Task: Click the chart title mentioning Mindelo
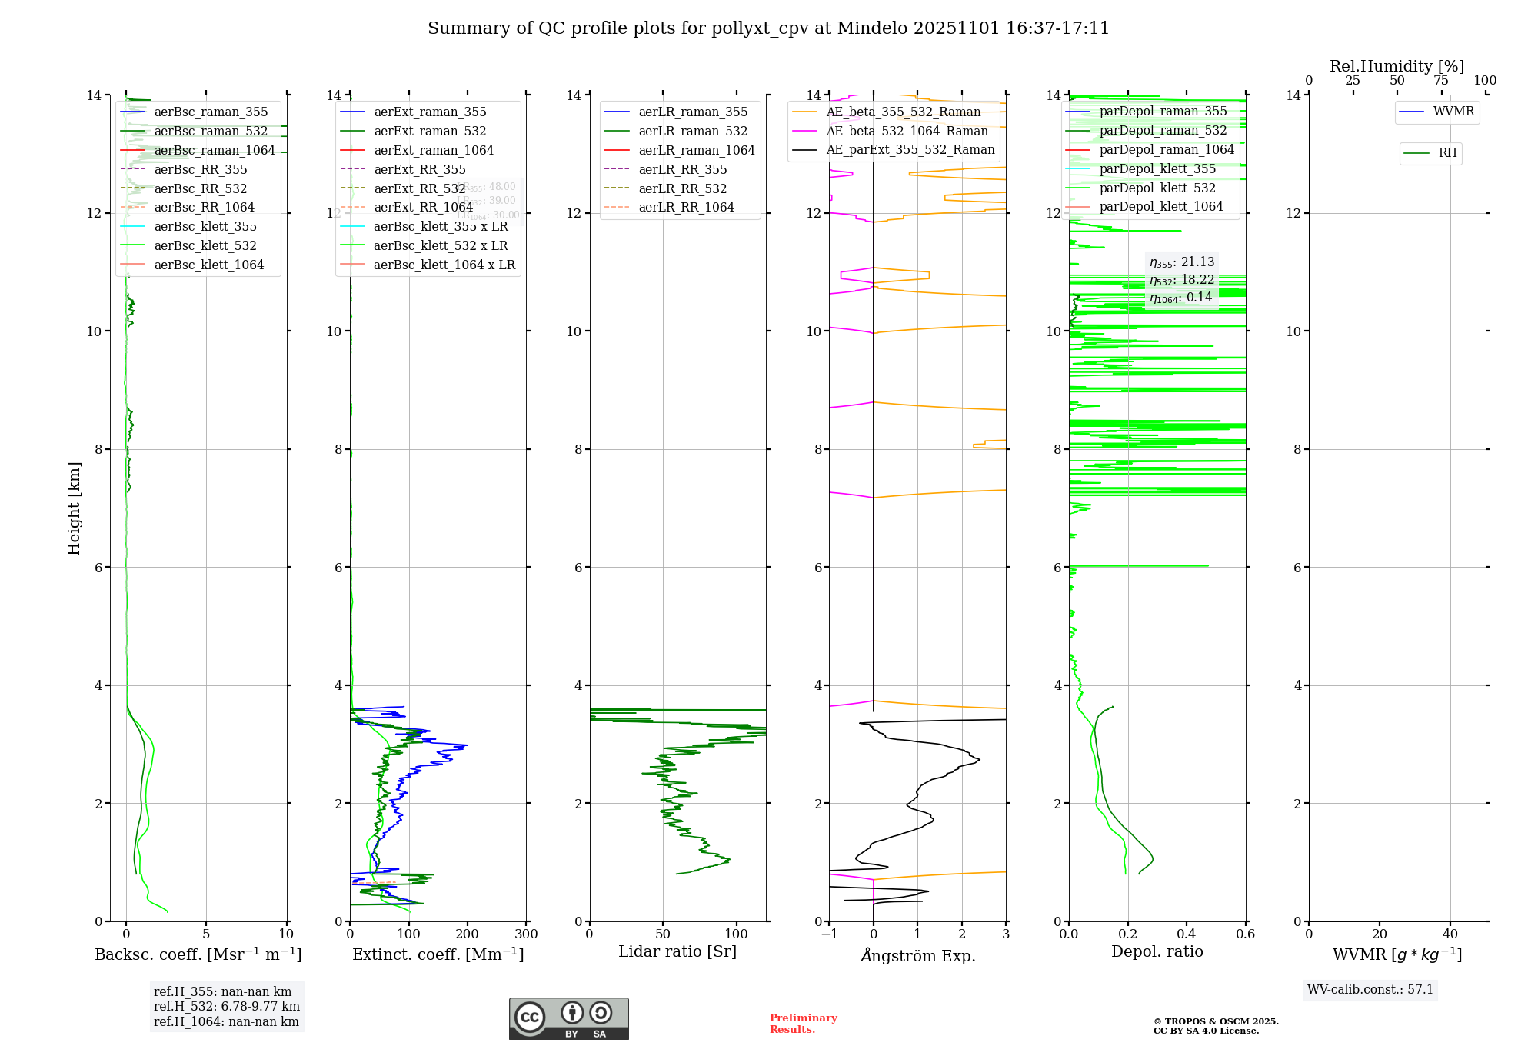768,28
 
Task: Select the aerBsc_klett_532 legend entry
205,246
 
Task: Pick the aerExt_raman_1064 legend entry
433,151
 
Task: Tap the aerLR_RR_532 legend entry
682,189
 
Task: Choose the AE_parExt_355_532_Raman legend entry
910,150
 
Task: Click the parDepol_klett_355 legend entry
1157,169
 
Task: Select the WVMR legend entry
1453,112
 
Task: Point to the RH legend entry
1446,153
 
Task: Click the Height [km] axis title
74,508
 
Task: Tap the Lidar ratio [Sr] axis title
677,952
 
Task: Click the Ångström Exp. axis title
917,956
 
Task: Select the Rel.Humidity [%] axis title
1397,66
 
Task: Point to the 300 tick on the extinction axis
527,934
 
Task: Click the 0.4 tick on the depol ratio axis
1187,934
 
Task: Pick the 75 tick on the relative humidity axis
1441,81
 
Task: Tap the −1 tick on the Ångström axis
828,934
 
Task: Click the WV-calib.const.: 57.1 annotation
1370,990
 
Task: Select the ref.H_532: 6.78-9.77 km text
226,1007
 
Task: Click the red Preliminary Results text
803,1024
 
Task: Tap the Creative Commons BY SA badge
568,1019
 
